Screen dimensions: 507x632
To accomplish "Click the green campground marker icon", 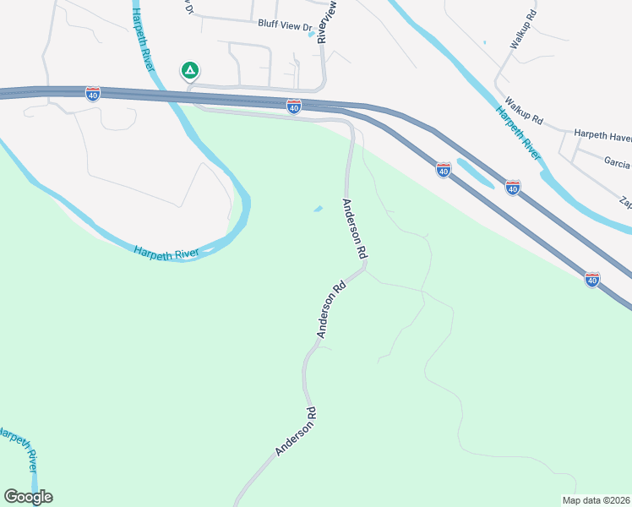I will (x=190, y=71).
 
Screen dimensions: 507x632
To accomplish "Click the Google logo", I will (x=28, y=497).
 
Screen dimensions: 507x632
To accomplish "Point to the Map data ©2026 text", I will (x=595, y=500).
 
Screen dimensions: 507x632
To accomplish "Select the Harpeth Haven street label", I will (x=602, y=135).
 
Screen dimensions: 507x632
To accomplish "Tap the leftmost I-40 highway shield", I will (x=93, y=93).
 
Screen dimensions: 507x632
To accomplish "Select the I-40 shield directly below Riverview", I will (x=293, y=106).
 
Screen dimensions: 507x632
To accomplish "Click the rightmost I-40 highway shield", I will (x=592, y=279).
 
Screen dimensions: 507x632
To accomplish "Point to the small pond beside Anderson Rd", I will (x=318, y=210).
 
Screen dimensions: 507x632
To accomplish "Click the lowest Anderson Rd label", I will (x=296, y=432).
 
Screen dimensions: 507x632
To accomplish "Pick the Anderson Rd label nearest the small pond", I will (x=355, y=228).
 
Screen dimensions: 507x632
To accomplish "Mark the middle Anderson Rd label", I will (x=333, y=310).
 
